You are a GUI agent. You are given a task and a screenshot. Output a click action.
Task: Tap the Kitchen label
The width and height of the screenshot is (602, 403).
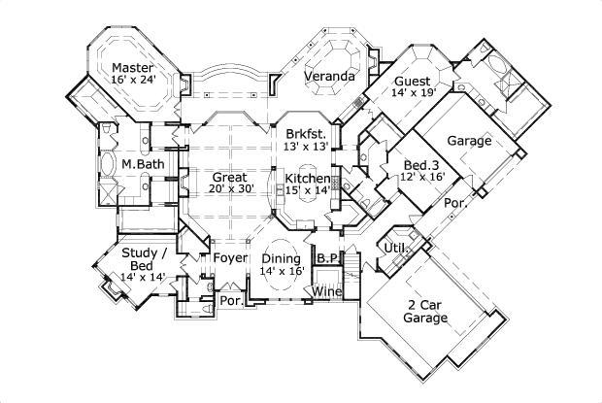click(308, 179)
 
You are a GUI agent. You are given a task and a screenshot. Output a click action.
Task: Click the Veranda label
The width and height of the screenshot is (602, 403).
click(327, 76)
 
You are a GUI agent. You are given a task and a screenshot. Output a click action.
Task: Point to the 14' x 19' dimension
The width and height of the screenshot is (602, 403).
click(415, 95)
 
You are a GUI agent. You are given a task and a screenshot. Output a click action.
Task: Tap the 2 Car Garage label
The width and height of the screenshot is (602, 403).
click(426, 311)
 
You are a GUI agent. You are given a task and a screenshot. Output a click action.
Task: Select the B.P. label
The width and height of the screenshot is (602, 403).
click(326, 258)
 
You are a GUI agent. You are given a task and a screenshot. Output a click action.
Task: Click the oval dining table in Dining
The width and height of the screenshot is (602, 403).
click(281, 258)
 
